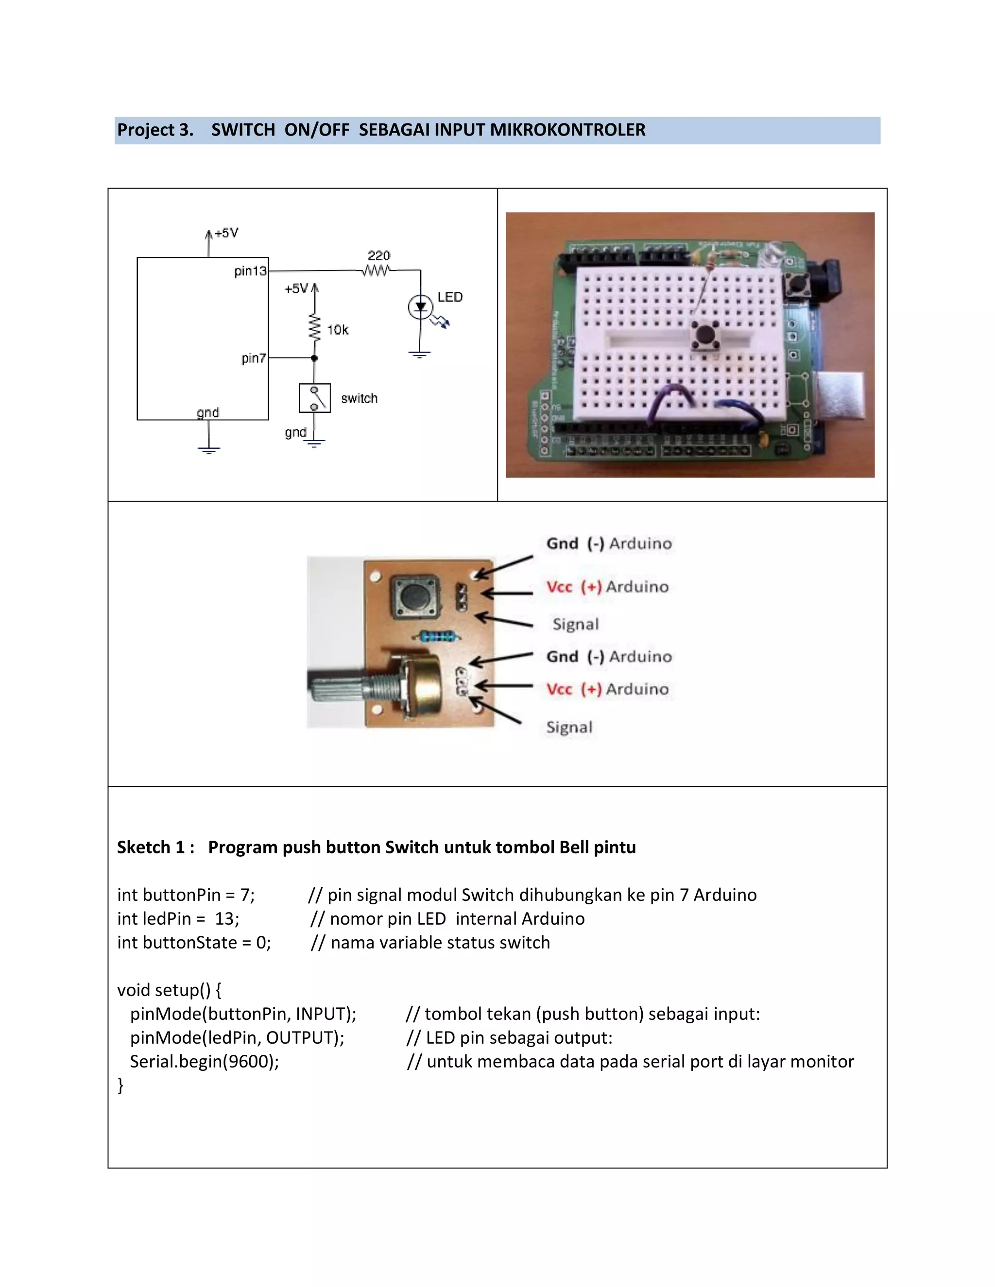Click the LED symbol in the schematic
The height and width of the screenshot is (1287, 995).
[420, 307]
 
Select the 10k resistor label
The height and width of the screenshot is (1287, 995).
[338, 330]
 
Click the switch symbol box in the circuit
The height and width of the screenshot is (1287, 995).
[315, 398]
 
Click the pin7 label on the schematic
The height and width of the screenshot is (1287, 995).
[254, 358]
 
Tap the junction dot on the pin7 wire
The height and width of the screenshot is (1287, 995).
[314, 358]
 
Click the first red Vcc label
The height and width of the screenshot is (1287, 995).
[559, 587]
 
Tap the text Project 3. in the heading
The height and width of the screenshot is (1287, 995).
[155, 130]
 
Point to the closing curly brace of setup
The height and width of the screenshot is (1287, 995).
[120, 1085]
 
